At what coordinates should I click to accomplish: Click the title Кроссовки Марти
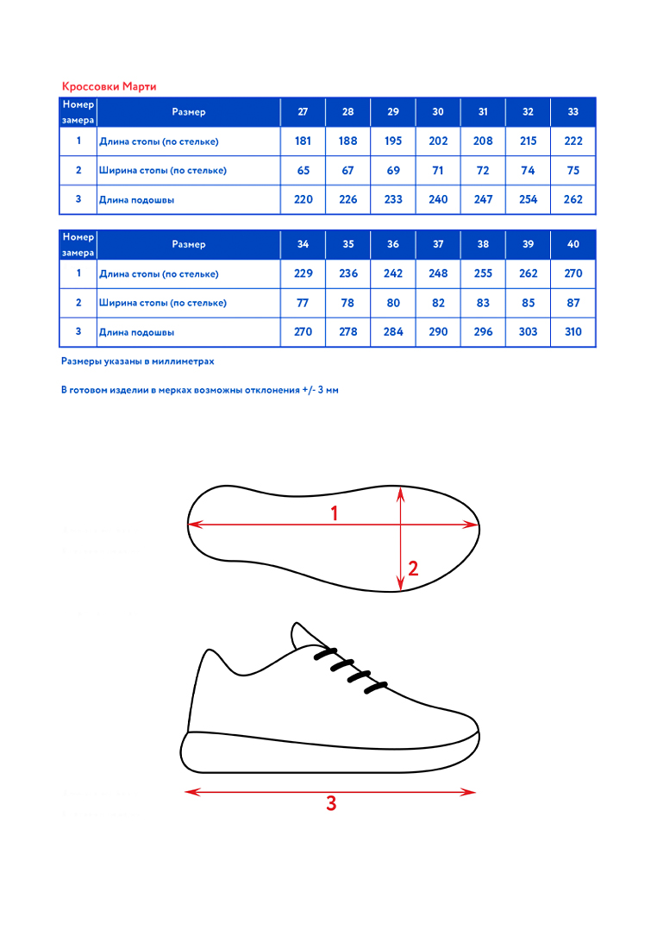(109, 86)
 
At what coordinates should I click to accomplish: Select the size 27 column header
(303, 112)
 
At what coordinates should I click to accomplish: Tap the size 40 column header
(573, 244)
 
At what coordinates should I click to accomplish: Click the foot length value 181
(303, 141)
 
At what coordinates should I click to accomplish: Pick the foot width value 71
(438, 171)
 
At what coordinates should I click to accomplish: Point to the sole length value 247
(483, 199)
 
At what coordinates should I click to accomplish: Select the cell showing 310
(573, 332)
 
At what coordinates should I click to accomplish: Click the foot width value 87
(573, 303)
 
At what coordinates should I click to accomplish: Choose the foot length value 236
(347, 273)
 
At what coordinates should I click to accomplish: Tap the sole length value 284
(393, 332)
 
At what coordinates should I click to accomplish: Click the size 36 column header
(393, 244)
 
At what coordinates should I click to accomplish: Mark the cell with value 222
(573, 141)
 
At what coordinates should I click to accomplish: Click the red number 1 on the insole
(335, 513)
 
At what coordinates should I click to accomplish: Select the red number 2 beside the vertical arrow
(413, 569)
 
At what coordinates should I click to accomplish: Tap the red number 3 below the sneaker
(331, 804)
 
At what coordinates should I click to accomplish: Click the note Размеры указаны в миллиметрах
(137, 361)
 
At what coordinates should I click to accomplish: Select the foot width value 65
(303, 171)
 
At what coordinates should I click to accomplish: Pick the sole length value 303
(528, 332)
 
